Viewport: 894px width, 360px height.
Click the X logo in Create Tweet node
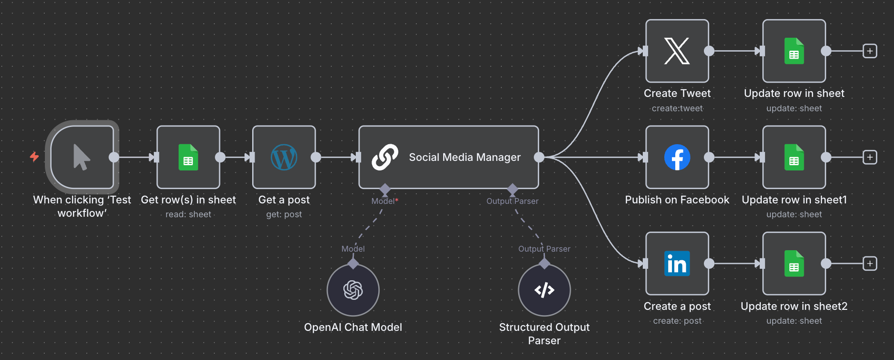click(x=677, y=51)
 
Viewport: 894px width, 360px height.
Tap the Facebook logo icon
click(x=677, y=157)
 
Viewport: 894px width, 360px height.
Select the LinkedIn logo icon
click(x=677, y=264)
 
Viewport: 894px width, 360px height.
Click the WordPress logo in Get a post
click(x=284, y=157)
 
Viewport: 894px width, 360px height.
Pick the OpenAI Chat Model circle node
click(x=353, y=290)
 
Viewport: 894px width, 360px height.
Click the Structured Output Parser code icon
click(x=544, y=290)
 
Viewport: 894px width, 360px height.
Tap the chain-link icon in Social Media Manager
click(x=385, y=157)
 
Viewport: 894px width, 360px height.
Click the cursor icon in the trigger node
click(x=82, y=157)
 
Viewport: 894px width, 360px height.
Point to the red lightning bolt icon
click(x=34, y=157)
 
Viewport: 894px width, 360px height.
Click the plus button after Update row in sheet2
click(x=870, y=264)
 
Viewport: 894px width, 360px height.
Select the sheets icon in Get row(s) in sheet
click(x=188, y=157)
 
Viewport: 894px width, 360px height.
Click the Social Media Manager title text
click(x=465, y=157)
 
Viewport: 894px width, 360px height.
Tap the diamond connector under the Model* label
click(x=385, y=189)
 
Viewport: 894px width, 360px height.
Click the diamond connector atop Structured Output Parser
click(x=544, y=264)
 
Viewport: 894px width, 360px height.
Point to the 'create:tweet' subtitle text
click(x=677, y=108)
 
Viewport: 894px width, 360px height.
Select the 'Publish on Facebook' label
click(x=677, y=200)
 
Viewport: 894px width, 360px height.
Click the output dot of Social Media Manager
click(x=539, y=157)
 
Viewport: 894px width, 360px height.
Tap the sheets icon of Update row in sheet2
click(x=794, y=264)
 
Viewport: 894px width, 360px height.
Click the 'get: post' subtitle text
click(x=284, y=214)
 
